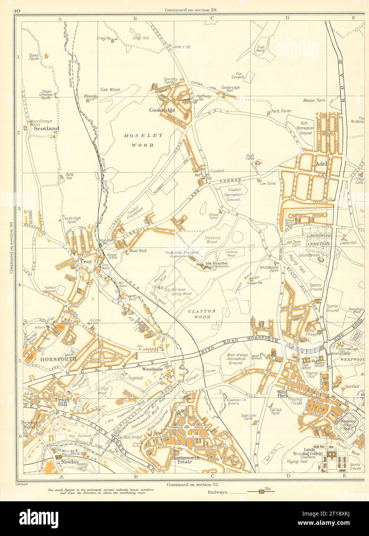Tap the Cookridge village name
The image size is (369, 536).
(162, 110)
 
